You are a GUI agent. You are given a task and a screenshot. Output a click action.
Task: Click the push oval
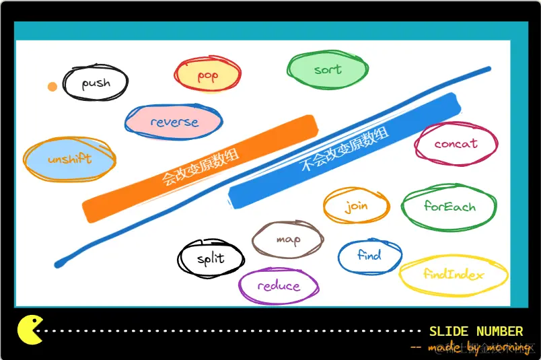tap(96, 83)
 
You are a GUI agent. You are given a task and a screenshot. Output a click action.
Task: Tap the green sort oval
tap(327, 69)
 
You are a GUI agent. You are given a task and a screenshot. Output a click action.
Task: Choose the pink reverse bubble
tap(174, 122)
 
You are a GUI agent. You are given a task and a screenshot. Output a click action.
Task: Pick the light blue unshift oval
tap(69, 160)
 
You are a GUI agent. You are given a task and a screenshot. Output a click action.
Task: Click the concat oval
tap(456, 143)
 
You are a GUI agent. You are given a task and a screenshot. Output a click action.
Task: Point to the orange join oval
tap(356, 205)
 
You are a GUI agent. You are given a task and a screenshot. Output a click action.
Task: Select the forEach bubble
tap(449, 207)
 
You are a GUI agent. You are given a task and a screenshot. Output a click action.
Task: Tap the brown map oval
tap(287, 239)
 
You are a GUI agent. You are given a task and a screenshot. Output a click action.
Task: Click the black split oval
tap(211, 259)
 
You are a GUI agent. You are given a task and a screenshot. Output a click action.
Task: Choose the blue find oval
tap(369, 256)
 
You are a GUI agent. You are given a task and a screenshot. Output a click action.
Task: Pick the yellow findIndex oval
tap(454, 275)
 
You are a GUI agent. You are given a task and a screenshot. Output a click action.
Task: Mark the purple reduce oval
tap(278, 286)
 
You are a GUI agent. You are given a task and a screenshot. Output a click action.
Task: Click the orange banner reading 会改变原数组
tap(200, 168)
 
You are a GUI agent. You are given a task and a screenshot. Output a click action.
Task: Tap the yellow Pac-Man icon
tap(30, 330)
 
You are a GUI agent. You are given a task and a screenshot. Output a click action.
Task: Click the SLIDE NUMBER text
tap(476, 331)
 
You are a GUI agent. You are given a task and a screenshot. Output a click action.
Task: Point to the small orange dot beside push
tap(52, 86)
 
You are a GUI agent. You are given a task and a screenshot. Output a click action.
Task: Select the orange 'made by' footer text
tap(471, 347)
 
